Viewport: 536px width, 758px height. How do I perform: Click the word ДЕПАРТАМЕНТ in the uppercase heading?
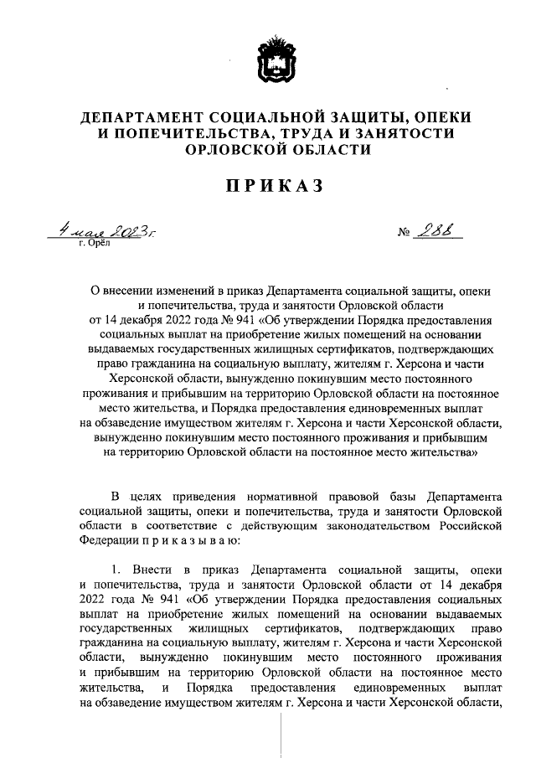[x=149, y=116]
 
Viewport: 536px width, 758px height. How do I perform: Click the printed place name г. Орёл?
[x=94, y=243]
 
